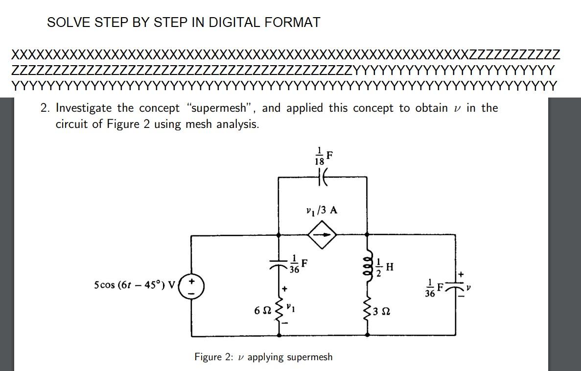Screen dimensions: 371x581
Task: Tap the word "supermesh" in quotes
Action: point(220,108)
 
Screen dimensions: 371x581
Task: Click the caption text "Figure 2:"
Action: point(214,357)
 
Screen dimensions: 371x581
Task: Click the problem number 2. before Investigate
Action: point(45,108)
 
